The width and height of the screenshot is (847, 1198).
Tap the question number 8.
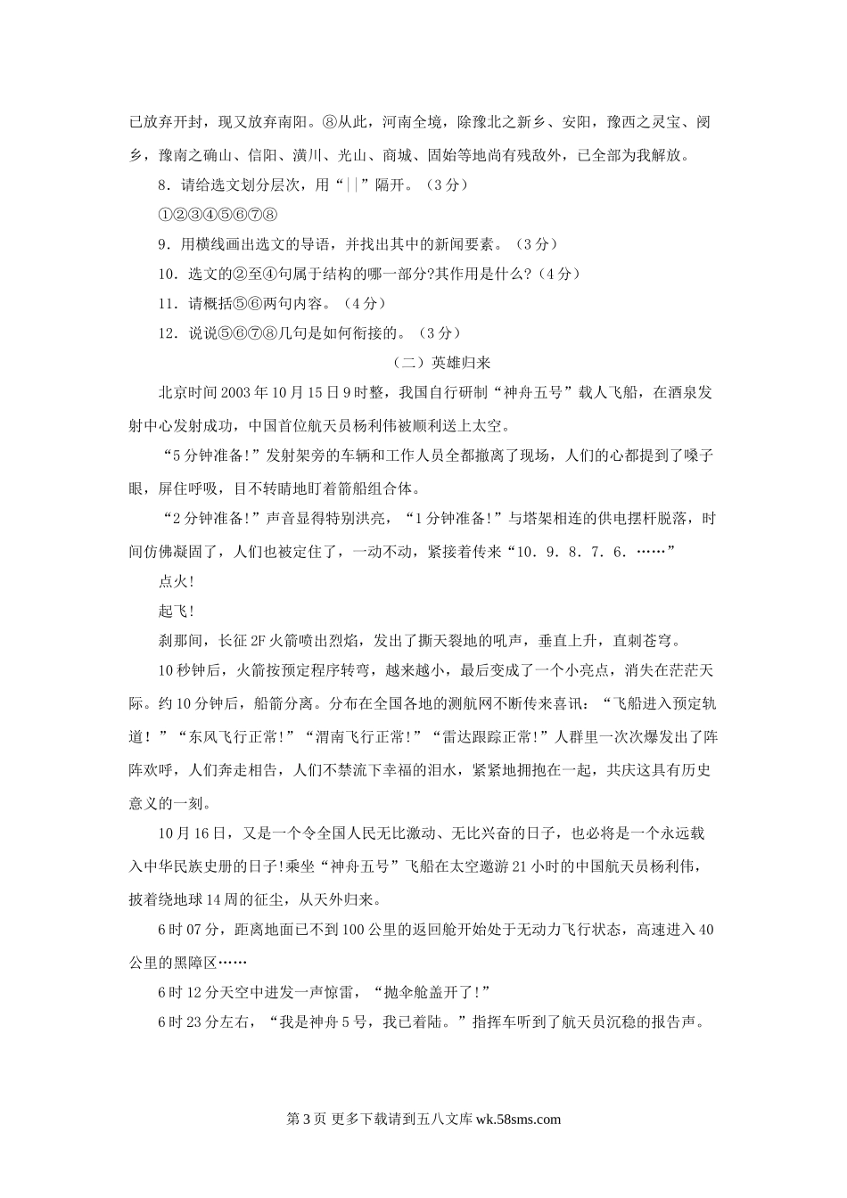click(162, 185)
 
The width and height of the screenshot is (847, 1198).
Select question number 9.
click(162, 244)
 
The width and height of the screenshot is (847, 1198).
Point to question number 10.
click(166, 274)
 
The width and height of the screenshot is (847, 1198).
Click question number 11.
click(166, 303)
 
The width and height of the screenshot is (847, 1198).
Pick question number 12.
click(166, 332)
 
